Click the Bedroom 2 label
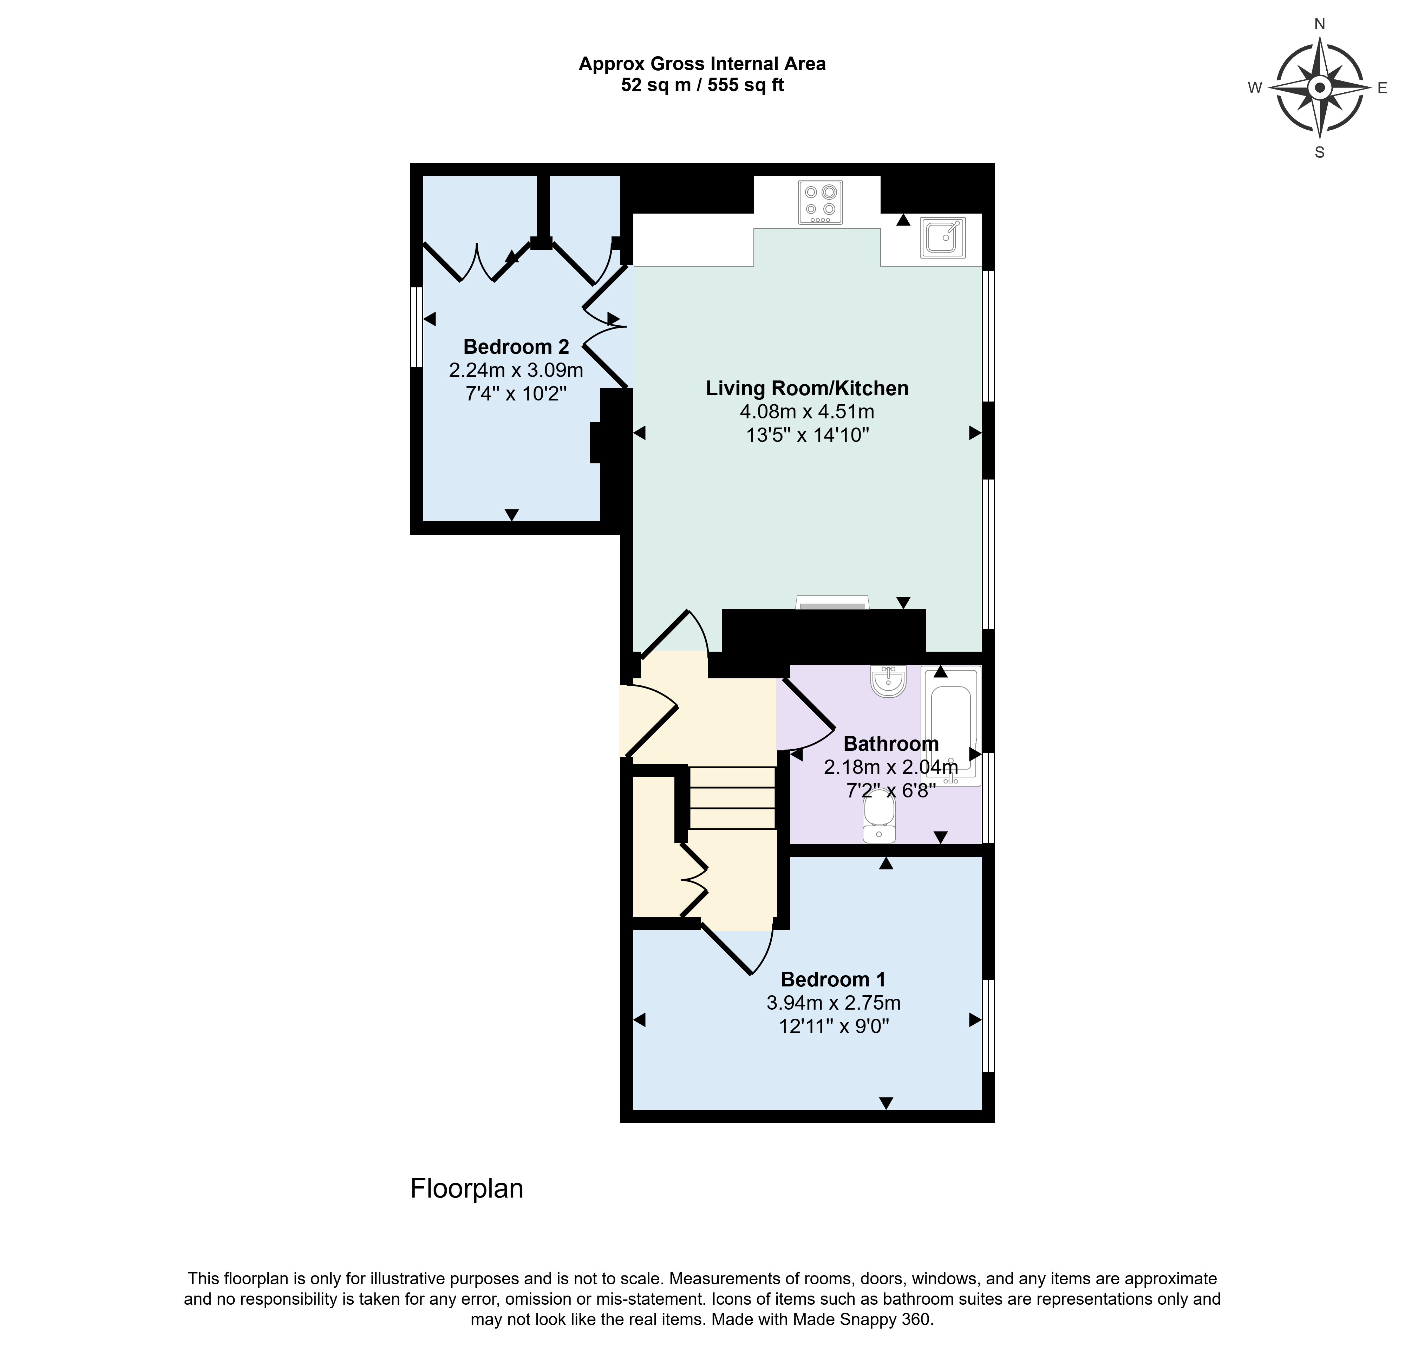(x=516, y=347)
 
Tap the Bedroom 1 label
(x=833, y=979)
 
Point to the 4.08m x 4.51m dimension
(x=807, y=412)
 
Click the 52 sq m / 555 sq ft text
(x=702, y=85)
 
